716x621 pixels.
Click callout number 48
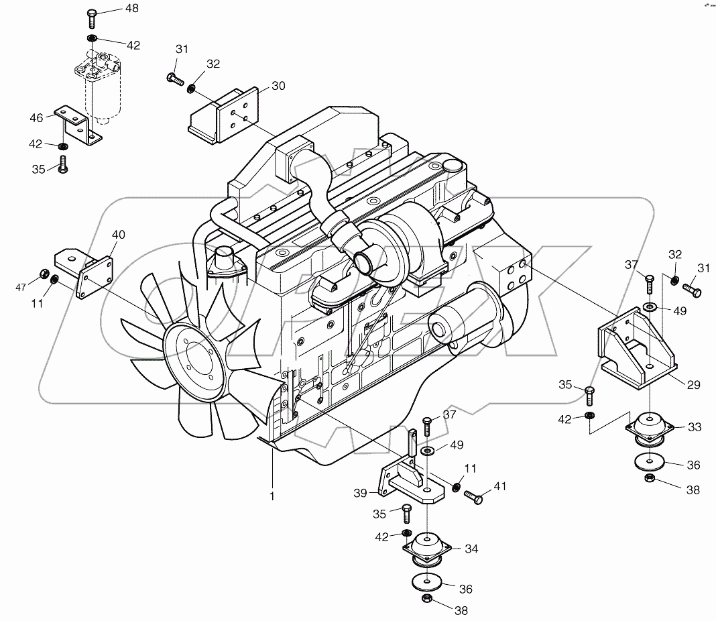131,9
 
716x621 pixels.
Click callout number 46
36,117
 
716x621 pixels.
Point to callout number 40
118,235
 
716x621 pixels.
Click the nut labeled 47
44,274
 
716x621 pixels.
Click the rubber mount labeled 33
649,427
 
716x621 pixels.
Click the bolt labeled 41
473,498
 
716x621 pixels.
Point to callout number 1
272,497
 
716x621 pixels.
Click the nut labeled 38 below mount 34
426,599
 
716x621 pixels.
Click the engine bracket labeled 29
637,352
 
